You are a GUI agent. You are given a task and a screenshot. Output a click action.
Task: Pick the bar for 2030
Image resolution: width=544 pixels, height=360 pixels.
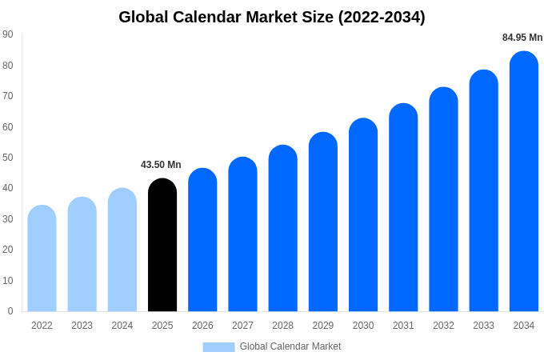(x=363, y=215)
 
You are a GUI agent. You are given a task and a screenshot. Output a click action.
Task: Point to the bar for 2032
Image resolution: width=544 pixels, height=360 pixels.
(x=443, y=199)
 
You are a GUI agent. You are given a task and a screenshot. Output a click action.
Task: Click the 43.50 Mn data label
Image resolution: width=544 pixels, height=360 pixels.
(x=161, y=165)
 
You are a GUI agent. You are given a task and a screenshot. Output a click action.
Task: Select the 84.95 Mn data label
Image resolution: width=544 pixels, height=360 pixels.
(x=522, y=38)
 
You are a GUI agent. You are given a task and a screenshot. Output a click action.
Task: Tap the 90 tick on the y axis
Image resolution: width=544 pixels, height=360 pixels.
(x=8, y=34)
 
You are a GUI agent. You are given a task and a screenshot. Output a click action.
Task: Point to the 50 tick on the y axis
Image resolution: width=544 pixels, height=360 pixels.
(x=8, y=158)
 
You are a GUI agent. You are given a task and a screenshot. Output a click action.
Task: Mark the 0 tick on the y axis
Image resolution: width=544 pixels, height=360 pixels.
(x=10, y=311)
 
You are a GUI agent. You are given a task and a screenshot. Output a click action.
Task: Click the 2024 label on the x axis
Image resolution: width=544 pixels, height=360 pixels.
(x=122, y=326)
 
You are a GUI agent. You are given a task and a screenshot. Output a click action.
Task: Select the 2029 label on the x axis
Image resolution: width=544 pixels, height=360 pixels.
(x=323, y=326)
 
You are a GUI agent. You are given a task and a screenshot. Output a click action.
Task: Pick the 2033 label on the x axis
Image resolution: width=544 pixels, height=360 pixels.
(x=483, y=326)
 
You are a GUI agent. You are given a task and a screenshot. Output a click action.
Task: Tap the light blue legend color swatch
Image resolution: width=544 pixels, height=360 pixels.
(x=218, y=347)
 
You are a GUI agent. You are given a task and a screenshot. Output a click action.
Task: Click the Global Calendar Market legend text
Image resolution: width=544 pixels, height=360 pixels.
(x=290, y=346)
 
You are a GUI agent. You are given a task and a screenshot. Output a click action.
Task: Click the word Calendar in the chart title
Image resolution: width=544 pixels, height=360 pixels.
(x=210, y=17)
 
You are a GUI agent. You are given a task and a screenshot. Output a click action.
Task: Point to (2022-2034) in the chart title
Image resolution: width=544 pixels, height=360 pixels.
(x=382, y=17)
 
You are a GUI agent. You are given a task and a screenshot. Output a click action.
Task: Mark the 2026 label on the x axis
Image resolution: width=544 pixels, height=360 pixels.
(x=202, y=326)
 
